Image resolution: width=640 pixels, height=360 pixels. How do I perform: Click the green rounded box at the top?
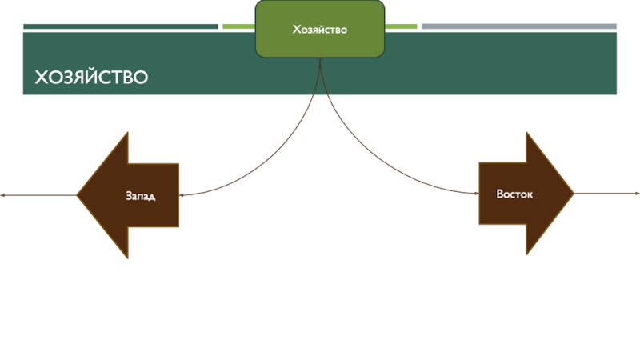pyautogui.click(x=319, y=30)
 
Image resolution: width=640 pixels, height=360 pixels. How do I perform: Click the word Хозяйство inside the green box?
pyautogui.click(x=319, y=30)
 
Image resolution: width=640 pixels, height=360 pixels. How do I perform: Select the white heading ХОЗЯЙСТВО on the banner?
pyautogui.click(x=90, y=78)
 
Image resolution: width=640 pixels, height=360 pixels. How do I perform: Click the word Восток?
pyautogui.click(x=514, y=194)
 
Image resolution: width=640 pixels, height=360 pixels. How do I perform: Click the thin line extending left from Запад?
pyautogui.click(x=40, y=194)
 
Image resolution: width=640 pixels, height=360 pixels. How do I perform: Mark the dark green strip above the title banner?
pyautogui.click(x=120, y=26)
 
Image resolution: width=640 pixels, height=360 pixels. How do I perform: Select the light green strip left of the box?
pyautogui.click(x=238, y=26)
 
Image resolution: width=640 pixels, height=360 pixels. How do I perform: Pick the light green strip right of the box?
pyautogui.click(x=401, y=26)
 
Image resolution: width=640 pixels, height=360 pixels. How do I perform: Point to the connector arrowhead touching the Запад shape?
pyautogui.click(x=182, y=194)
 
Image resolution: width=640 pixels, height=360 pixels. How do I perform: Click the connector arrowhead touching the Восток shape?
pyautogui.click(x=475, y=193)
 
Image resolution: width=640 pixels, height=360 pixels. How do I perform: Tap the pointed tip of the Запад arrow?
pyautogui.click(x=78, y=194)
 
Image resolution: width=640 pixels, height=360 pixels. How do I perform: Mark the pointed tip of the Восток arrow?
pyautogui.click(x=573, y=194)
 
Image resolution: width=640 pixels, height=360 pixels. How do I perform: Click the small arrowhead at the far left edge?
pyautogui.click(x=3, y=194)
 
